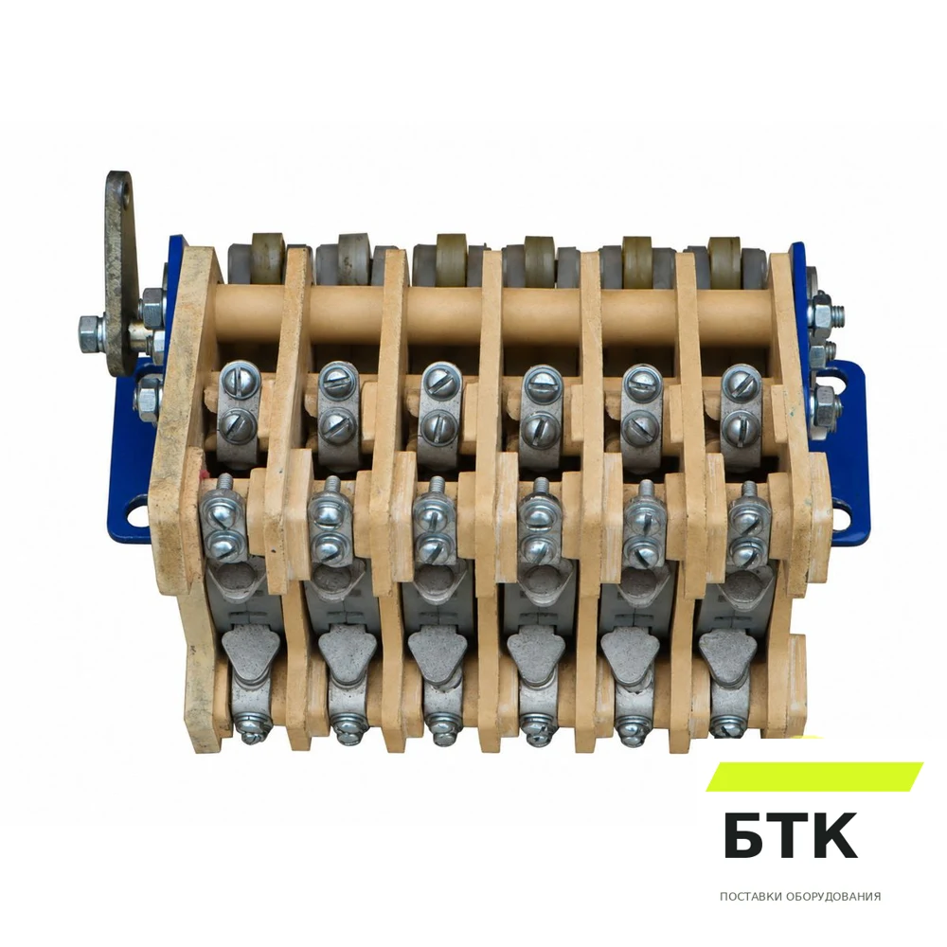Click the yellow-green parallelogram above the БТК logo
[814, 777]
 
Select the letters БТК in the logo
[791, 836]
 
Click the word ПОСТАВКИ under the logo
[751, 896]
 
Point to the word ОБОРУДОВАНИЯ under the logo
[833, 896]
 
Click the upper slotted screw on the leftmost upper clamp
[241, 379]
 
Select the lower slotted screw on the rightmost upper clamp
[740, 428]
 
